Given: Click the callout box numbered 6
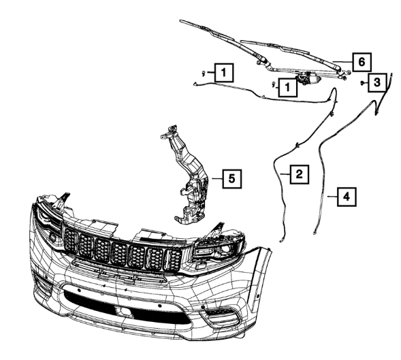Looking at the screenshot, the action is (362, 62).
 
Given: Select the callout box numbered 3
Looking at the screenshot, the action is (377, 82).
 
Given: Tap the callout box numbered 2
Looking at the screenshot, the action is (299, 174).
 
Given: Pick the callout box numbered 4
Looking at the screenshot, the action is (347, 197).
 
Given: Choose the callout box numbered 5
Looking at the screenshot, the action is (231, 179).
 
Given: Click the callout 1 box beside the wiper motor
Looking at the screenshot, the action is (288, 87).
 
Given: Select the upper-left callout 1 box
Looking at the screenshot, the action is (224, 73).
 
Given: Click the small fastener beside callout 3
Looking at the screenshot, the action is (363, 83).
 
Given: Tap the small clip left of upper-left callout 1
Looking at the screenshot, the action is (204, 73).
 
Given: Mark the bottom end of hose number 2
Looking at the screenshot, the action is (281, 240).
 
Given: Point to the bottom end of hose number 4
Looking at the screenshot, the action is (315, 232).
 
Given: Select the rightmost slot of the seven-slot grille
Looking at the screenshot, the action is (174, 260).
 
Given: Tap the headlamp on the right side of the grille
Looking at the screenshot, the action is (219, 248).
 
